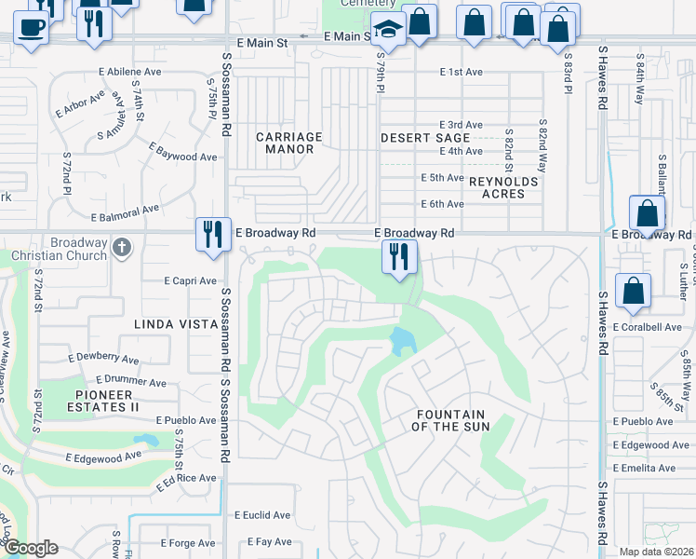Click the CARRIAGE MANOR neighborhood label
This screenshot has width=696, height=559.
[288, 143]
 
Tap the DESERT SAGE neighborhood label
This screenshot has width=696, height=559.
[425, 138]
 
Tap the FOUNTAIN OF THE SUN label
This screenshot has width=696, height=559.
[449, 420]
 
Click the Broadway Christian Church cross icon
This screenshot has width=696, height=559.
[121, 247]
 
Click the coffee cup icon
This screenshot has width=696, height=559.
[32, 27]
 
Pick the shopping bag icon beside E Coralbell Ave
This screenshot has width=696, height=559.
[633, 291]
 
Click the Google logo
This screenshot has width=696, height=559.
[30, 548]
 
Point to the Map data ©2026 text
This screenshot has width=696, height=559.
[655, 552]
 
